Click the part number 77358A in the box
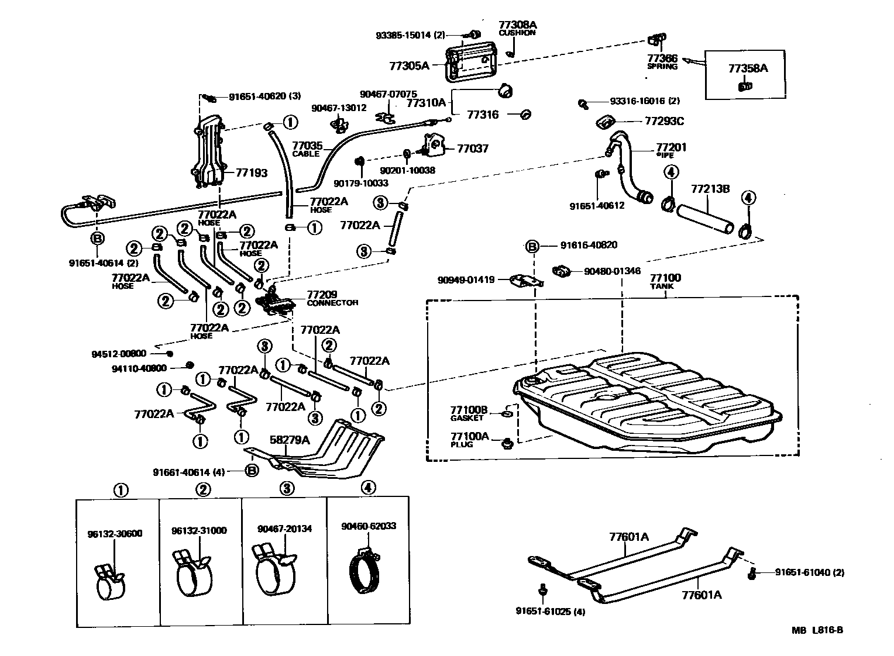point(747,68)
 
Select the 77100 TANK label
point(665,281)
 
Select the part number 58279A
point(289,440)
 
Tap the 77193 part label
point(251,173)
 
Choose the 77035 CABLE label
point(307,149)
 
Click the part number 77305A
point(409,66)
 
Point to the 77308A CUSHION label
point(517,28)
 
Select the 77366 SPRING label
point(662,62)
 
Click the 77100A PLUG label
point(469,439)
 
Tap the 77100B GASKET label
point(468,413)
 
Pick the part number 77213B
point(710,189)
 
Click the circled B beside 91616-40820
point(532,246)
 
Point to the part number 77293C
point(664,122)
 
